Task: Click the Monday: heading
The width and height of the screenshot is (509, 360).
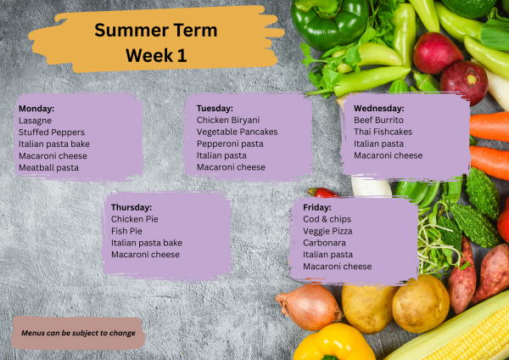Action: pos(36,109)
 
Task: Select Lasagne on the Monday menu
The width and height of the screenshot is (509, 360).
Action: pos(36,121)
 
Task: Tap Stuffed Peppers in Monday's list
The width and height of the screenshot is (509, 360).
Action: pos(52,132)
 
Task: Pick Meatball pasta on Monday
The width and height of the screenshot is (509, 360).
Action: pos(48,167)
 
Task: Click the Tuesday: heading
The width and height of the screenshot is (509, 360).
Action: pos(215,108)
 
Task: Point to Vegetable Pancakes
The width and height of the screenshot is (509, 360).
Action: pos(237,132)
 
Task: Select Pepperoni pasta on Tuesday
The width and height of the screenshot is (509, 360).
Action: pos(230,143)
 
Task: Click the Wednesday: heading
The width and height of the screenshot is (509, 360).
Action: pos(378,108)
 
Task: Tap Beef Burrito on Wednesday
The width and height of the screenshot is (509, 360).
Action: pos(378,120)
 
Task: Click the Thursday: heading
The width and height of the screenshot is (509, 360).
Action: pos(131,207)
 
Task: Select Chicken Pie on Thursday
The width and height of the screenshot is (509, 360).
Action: pos(134,219)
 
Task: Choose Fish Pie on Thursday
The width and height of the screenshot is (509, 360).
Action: pos(126,231)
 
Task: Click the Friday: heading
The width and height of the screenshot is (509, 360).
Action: pos(317,207)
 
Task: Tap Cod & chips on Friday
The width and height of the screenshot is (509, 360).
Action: pos(327,219)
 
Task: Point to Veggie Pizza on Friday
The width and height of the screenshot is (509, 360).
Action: pos(327,231)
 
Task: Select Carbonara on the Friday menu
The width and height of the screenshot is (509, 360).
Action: pos(325,243)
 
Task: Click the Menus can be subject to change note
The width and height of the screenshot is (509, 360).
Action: pos(78,333)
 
